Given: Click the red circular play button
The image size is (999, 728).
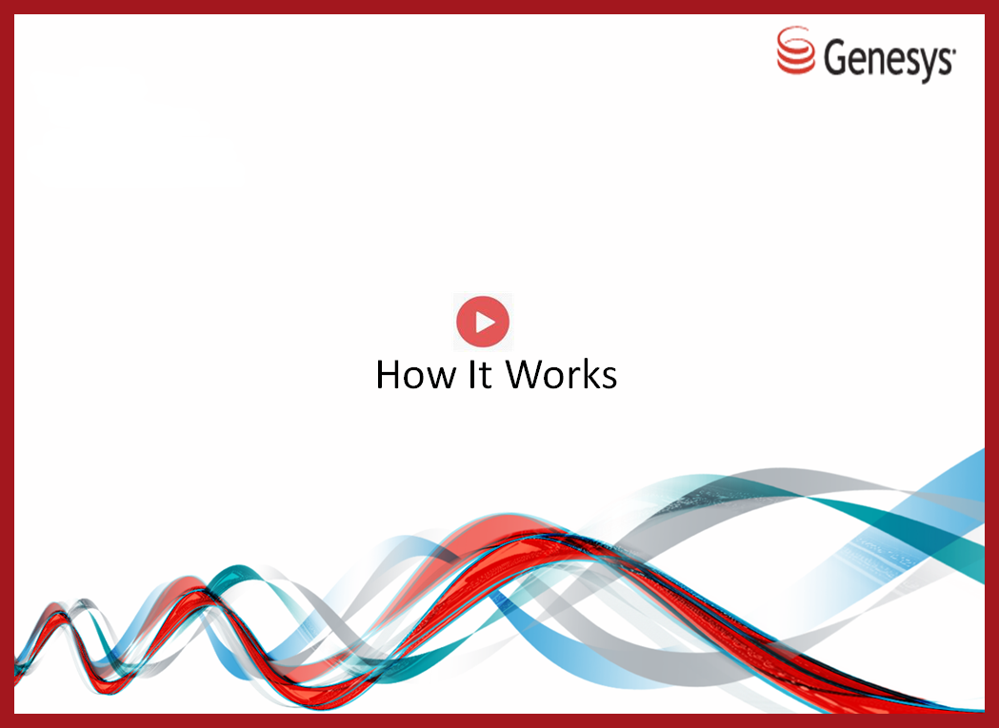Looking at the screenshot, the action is [x=483, y=322].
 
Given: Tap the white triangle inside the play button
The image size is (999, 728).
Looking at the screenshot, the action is [x=485, y=322].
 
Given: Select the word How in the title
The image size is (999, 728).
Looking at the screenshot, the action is [x=416, y=374].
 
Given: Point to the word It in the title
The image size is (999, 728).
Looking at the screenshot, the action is [x=480, y=374].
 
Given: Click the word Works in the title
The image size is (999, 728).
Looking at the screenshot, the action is [x=561, y=374].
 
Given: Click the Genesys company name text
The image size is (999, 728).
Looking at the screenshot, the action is [x=889, y=58].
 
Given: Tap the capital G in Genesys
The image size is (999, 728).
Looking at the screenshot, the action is [x=836, y=56].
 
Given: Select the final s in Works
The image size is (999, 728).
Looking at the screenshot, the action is [x=608, y=378].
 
